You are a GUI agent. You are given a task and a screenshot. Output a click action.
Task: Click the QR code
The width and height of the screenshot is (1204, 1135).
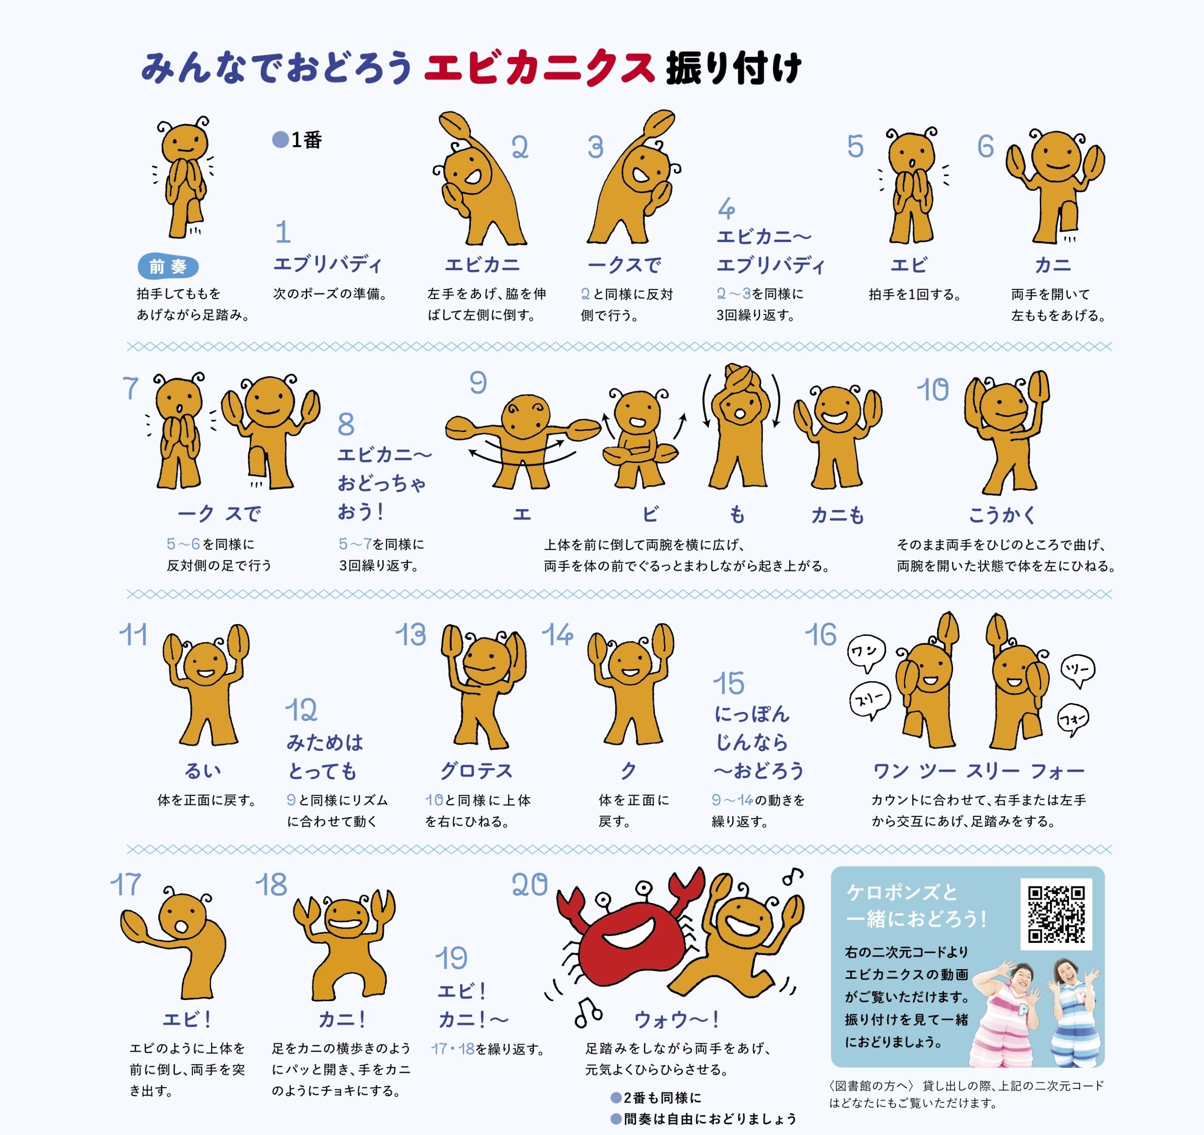click(1056, 914)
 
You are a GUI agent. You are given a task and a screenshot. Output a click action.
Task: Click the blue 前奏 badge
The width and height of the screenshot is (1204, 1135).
click(168, 266)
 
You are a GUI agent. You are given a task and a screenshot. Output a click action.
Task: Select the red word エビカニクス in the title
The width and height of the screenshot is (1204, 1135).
click(539, 68)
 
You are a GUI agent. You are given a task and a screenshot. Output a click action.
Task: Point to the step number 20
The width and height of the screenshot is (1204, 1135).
click(529, 885)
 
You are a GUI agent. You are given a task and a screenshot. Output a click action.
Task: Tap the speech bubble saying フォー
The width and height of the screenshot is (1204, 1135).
click(1073, 719)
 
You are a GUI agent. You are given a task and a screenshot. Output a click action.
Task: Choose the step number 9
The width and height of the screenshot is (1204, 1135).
click(478, 383)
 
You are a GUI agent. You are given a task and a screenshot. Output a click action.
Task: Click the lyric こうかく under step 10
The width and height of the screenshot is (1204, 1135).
click(1002, 515)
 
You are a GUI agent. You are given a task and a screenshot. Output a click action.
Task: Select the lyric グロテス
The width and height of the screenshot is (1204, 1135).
click(476, 771)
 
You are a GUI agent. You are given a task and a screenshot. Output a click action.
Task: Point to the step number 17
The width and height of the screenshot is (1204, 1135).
click(126, 885)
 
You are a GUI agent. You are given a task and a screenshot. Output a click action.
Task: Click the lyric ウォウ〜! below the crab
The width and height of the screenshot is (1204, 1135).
click(676, 1020)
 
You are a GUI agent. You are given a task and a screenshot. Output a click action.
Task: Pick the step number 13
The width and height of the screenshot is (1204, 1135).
click(411, 635)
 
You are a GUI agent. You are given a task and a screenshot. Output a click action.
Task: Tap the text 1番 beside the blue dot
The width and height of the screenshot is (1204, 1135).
click(307, 140)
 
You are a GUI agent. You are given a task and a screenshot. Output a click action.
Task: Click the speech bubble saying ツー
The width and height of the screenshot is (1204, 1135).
click(1078, 670)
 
